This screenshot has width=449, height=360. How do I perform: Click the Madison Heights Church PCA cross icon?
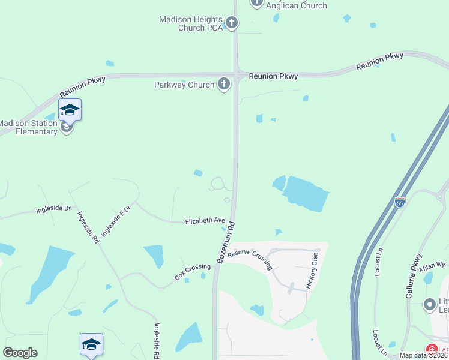231,24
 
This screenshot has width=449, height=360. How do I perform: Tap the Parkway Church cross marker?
224,84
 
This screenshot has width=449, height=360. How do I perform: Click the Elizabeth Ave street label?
204,221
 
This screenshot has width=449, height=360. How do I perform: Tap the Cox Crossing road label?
192,272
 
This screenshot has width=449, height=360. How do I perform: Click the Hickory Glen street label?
311,271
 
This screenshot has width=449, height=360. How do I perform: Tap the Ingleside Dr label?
53,209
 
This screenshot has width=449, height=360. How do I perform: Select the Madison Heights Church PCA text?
190,24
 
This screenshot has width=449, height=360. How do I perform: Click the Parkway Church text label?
184,85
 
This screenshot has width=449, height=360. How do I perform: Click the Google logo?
20,353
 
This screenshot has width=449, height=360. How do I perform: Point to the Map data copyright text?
424,355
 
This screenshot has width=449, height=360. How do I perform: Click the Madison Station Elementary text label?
29,128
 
